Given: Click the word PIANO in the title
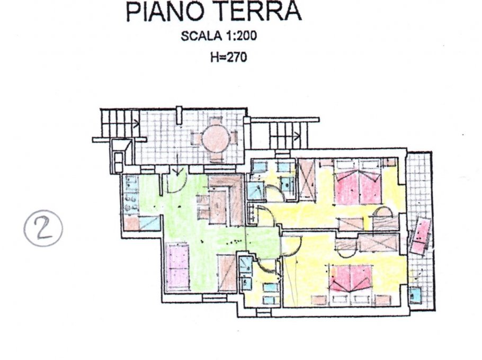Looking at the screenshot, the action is click(165, 11).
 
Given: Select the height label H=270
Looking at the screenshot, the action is click(229, 57).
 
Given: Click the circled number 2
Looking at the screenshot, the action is click(43, 228).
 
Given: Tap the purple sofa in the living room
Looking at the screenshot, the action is click(177, 267).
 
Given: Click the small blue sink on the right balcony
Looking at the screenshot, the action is click(415, 295).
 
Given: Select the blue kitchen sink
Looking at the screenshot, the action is click(150, 223).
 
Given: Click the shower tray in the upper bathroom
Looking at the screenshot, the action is click(255, 191).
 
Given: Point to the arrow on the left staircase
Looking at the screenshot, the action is click(136, 124).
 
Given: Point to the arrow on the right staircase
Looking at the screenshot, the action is click(298, 136).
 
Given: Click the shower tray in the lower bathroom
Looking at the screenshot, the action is click(246, 264).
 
